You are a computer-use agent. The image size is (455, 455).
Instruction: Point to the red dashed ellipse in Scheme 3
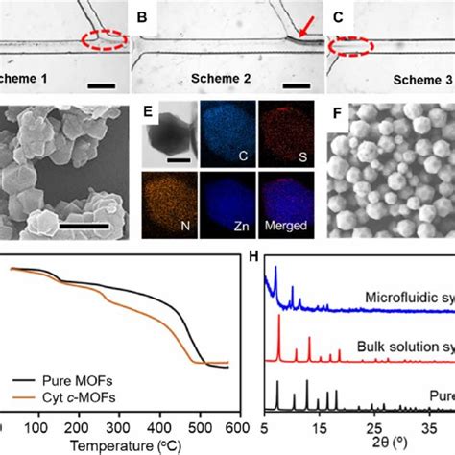pyautogui.click(x=349, y=44)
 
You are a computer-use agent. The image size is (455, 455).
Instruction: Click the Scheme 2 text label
pyautogui.click(x=216, y=82)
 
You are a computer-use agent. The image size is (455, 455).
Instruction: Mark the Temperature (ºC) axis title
pyautogui.click(x=126, y=444)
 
